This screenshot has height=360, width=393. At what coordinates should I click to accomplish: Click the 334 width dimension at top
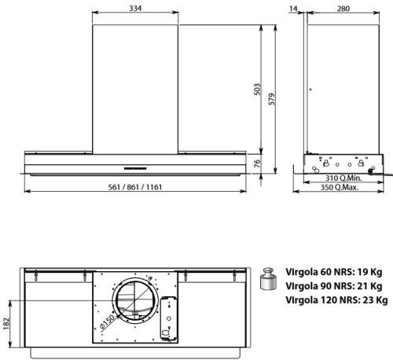[x=136, y=9]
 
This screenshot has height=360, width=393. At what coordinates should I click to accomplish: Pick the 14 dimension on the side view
[x=295, y=9]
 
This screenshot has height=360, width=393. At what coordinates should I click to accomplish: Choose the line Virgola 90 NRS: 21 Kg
[x=333, y=285]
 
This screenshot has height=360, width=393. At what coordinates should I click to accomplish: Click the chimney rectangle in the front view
[x=135, y=86]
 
